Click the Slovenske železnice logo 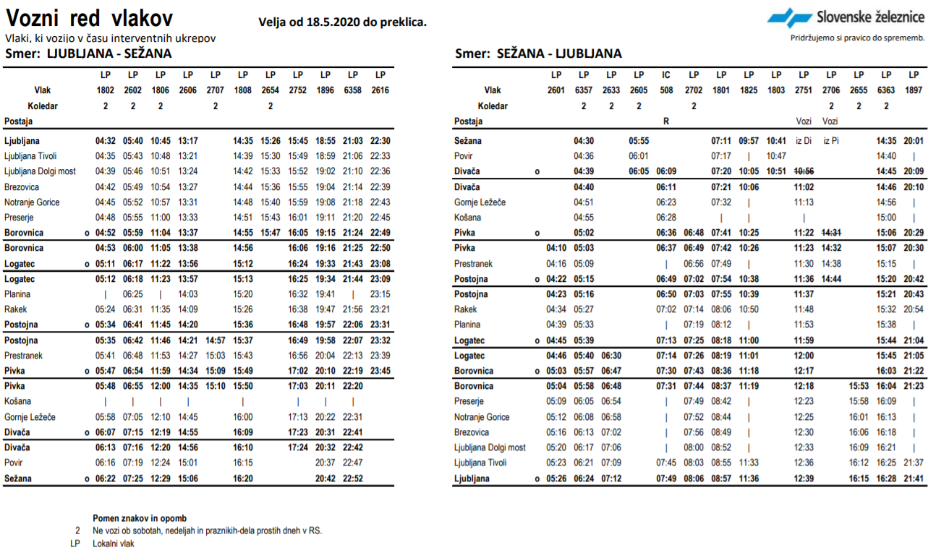[x=846, y=17]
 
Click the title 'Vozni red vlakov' [x=89, y=18]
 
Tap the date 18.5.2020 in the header [x=333, y=22]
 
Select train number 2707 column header [x=216, y=90]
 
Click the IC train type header [x=666, y=74]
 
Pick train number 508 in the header [x=666, y=90]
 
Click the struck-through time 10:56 [x=804, y=171]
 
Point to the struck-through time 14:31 [x=831, y=233]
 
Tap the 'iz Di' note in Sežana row [x=804, y=141]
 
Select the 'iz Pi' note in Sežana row [x=831, y=141]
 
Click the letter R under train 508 [x=666, y=121]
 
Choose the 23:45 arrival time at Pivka [x=380, y=371]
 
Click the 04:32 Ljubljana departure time [x=106, y=141]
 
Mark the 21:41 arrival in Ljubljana [x=914, y=478]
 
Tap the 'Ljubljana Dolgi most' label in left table [x=40, y=171]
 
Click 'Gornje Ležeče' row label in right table [x=480, y=202]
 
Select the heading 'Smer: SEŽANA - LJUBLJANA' [x=538, y=53]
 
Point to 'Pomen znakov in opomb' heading [x=140, y=518]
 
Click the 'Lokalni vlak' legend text [x=114, y=544]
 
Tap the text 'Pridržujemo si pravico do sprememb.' [x=857, y=38]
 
